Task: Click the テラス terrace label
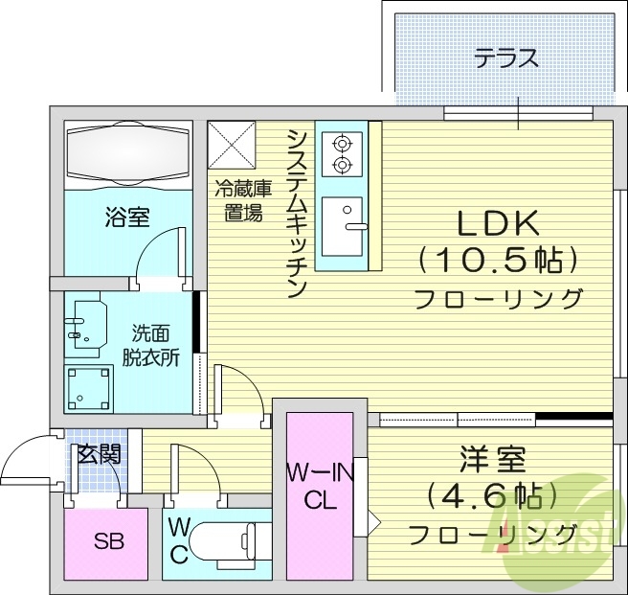(x=506, y=57)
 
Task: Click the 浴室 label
(x=126, y=217)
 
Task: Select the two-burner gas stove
(x=340, y=155)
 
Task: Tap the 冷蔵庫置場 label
(x=238, y=201)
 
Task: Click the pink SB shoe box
(x=107, y=541)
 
